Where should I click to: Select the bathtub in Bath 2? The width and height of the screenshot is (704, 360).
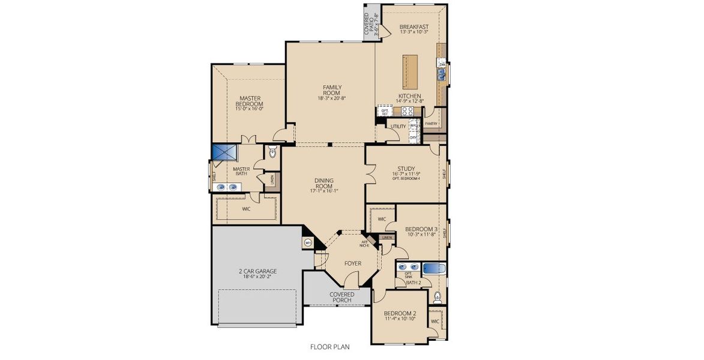coord(435,268)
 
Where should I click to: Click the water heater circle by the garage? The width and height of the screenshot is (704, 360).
coord(308,243)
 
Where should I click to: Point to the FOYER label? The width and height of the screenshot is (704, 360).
coord(352,263)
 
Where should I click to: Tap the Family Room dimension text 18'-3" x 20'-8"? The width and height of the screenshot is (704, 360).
coord(331,98)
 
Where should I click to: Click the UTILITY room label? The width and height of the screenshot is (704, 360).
coord(398,127)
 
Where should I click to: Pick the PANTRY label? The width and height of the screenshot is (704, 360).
coord(431,124)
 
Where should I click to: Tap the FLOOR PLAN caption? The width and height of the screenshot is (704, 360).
coord(329,346)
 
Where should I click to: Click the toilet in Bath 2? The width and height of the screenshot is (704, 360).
coord(438,296)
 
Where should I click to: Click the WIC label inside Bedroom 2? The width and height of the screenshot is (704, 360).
coord(434,322)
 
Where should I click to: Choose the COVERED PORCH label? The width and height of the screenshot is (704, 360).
coord(341,298)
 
